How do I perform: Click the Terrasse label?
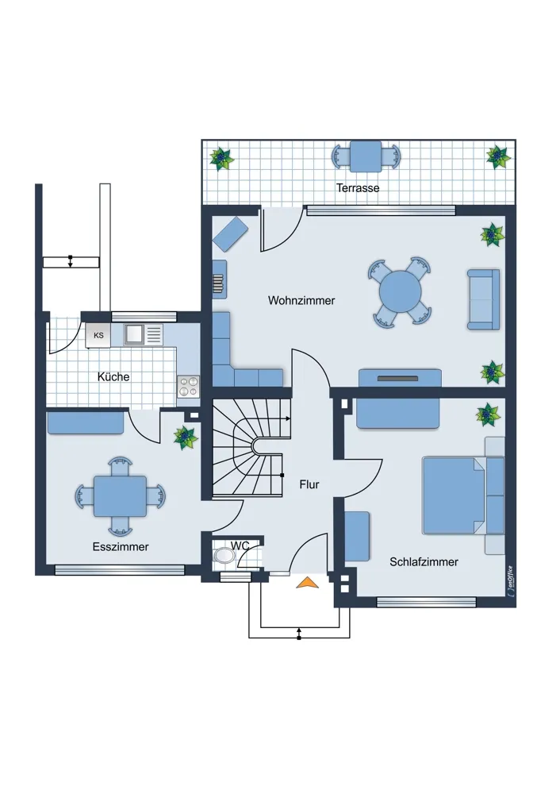[x=358, y=188]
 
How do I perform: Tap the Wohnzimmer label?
[x=301, y=300]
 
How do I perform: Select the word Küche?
[x=113, y=376]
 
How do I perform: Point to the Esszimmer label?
[x=121, y=547]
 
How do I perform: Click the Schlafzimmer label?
[x=424, y=561]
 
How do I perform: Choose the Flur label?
[x=309, y=484]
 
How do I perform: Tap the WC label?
[x=240, y=545]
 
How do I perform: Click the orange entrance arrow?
[x=308, y=582]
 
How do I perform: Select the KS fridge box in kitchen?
[x=98, y=335]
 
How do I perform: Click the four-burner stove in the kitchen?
[x=188, y=387]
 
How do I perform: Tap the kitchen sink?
[x=134, y=334]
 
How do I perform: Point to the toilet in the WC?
[x=224, y=556]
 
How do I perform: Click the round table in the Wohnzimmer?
[x=400, y=291]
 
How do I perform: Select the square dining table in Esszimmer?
[x=120, y=496]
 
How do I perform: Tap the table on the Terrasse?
[x=366, y=156]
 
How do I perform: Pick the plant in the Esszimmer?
[x=186, y=437]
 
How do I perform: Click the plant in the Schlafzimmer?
[x=488, y=415]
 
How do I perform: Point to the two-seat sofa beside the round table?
[x=483, y=299]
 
